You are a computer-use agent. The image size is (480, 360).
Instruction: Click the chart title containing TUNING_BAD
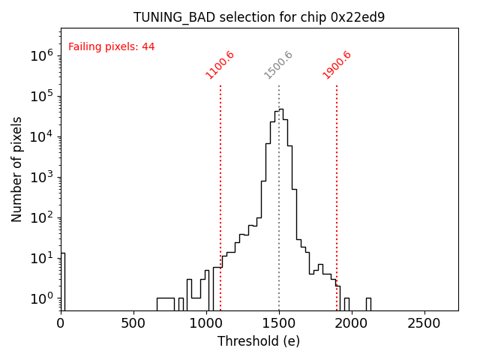259,17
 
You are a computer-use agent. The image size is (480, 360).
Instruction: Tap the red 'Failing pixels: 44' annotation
111,46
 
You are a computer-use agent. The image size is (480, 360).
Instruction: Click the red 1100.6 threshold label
220,65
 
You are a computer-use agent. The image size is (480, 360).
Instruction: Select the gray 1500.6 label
278,65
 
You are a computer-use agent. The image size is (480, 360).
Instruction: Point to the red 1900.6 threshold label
337,65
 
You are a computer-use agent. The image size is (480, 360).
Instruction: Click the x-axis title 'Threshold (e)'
259,341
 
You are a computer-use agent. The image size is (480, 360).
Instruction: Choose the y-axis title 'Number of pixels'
17,169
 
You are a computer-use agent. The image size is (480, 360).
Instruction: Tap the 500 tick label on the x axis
133,323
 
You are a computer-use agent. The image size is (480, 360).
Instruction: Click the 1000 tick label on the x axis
206,323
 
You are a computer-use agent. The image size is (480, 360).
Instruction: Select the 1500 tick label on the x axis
279,323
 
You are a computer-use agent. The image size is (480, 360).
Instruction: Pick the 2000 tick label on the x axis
352,323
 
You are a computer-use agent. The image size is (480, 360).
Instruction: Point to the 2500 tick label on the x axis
424,323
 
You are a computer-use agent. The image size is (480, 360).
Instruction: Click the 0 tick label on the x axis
61,323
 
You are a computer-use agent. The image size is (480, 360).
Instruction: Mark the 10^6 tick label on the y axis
41,55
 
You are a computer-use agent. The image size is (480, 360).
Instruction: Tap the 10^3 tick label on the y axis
41,177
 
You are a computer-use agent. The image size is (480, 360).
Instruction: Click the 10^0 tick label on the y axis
41,298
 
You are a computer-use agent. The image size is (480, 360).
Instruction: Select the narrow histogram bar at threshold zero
63,281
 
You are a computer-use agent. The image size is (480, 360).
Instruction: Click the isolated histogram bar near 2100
368,304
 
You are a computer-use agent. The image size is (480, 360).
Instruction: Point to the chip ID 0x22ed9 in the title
357,17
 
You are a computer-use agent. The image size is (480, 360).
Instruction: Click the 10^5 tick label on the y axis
41,96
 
